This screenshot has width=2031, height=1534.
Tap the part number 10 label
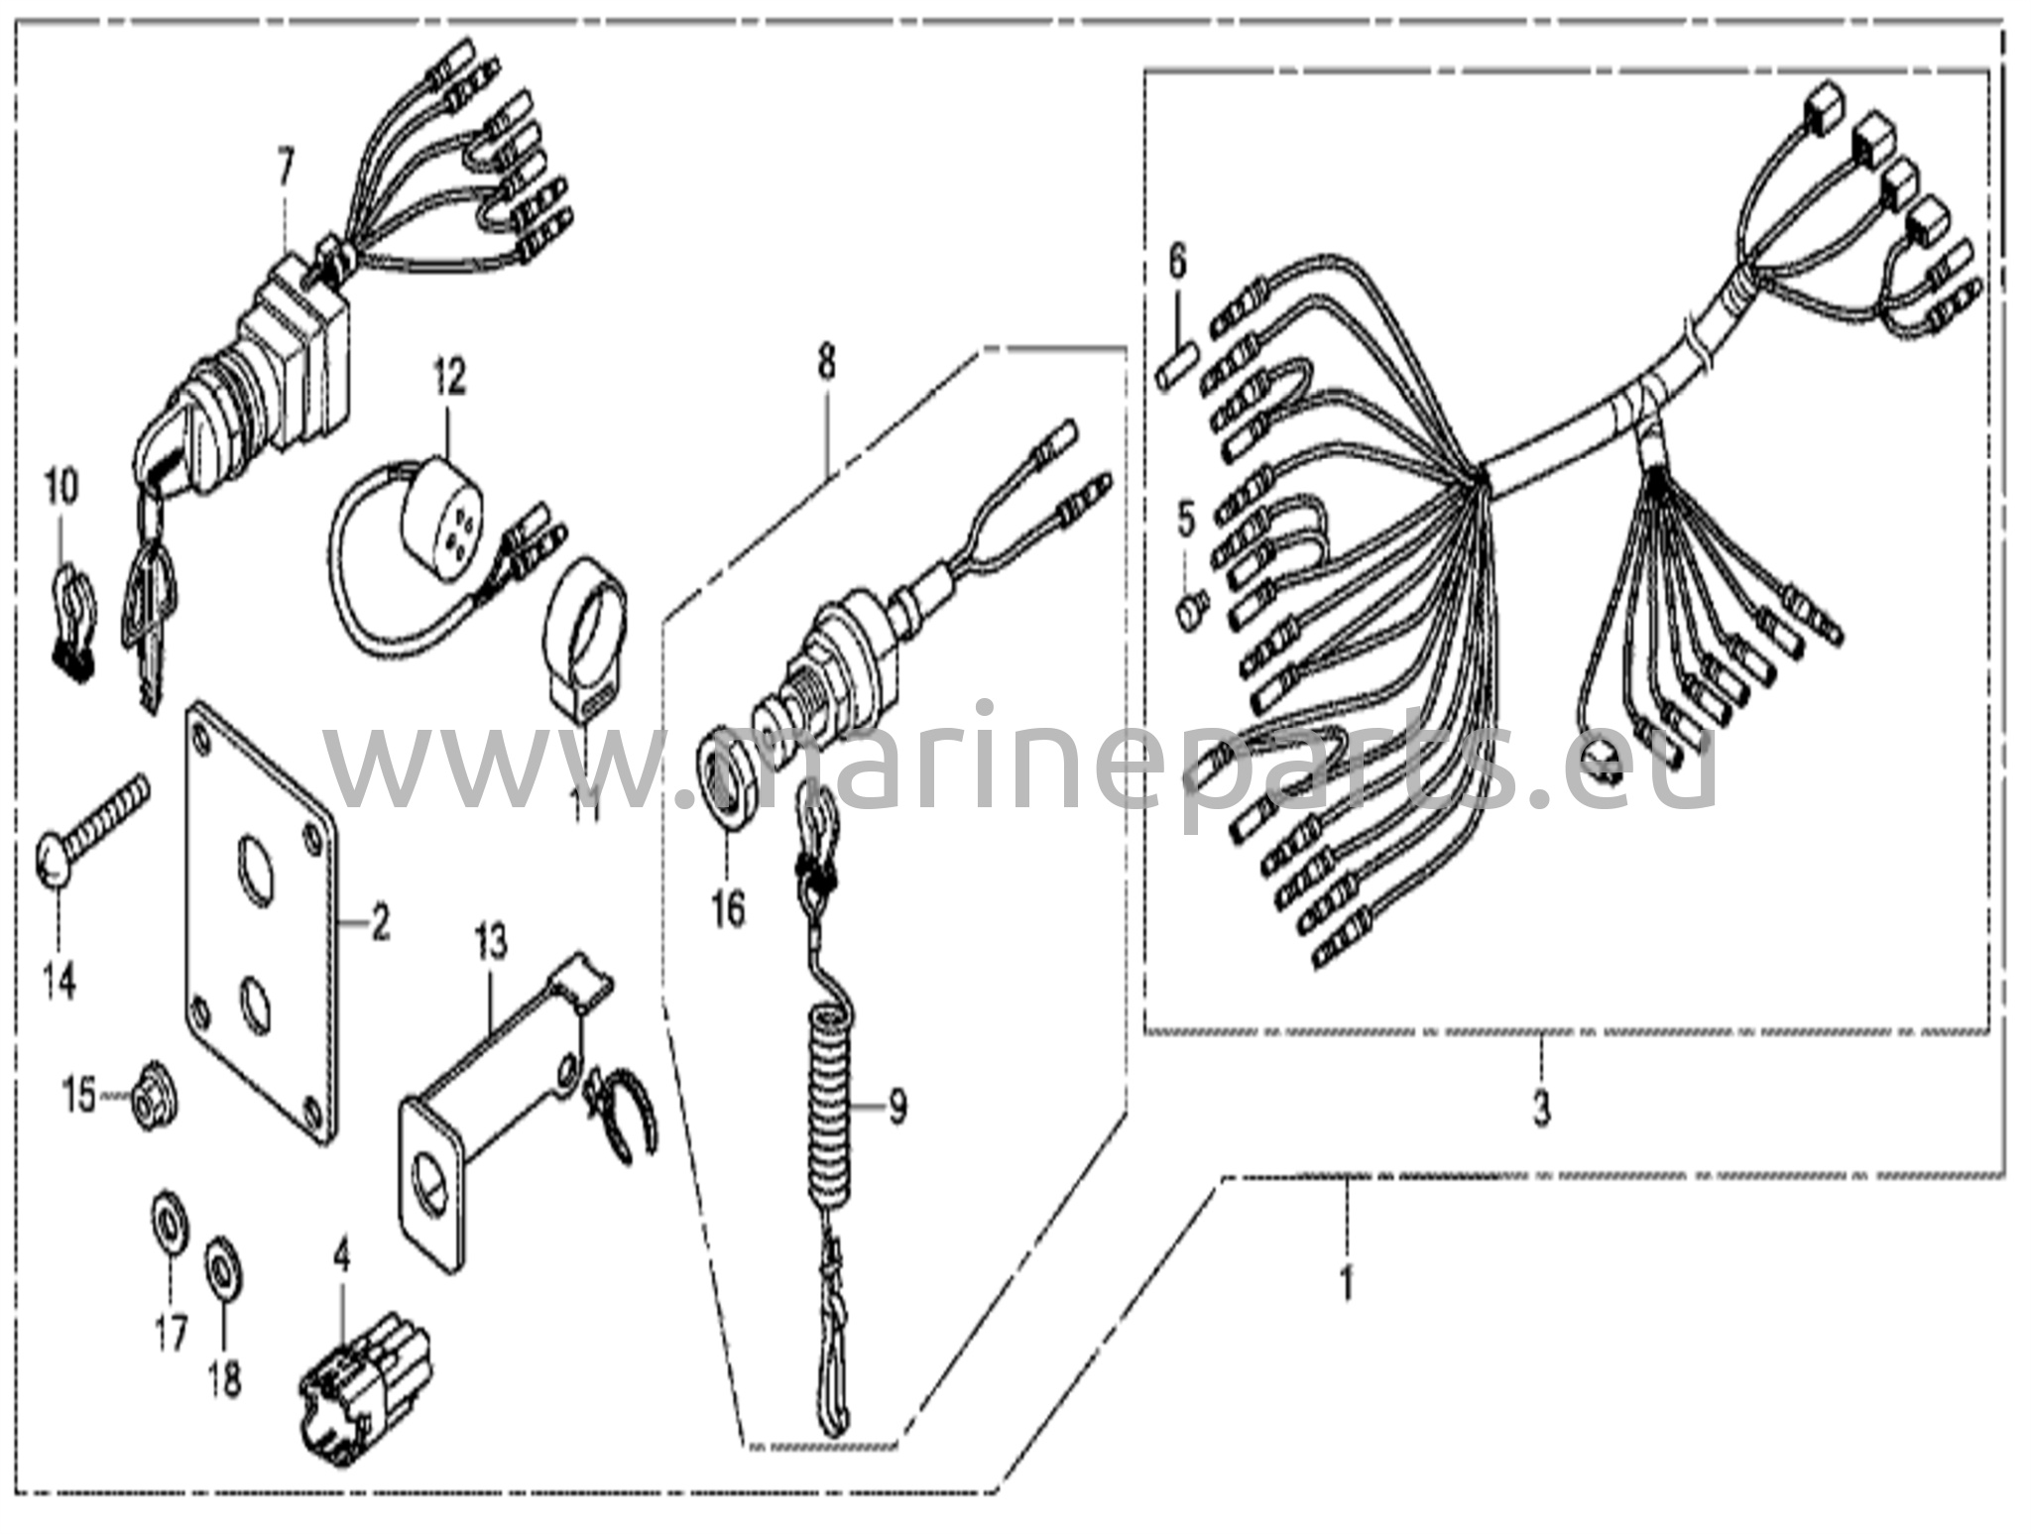point(60,487)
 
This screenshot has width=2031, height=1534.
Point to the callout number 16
point(728,908)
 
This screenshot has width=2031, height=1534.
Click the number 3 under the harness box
point(1541,1108)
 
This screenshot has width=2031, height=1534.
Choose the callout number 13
point(490,942)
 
